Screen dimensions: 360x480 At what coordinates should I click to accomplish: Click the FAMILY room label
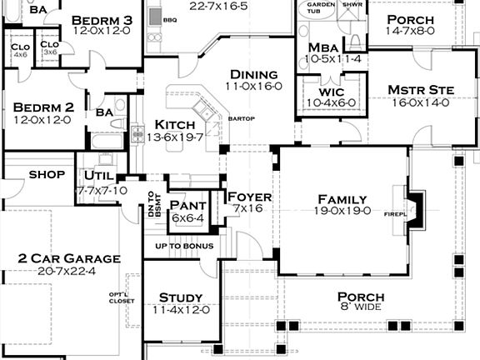pos(342,199)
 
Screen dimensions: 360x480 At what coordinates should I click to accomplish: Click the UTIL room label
pos(99,176)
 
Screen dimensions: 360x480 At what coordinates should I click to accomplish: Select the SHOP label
pos(47,175)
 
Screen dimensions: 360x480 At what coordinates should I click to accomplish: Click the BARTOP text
pos(241,119)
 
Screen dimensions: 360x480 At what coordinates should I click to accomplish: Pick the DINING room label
pos(254,73)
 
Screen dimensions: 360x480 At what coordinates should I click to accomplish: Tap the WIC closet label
pos(332,91)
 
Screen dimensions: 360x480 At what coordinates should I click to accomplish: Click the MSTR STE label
pos(418,90)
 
